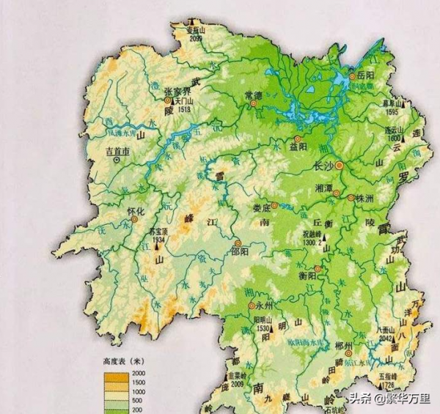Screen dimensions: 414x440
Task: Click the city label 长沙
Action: click(323, 166)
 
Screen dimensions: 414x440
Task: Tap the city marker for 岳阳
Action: click(353, 75)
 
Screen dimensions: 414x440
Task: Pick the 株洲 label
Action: click(364, 198)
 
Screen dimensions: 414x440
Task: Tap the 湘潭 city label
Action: click(325, 187)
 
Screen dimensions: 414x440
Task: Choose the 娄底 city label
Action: click(260, 207)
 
